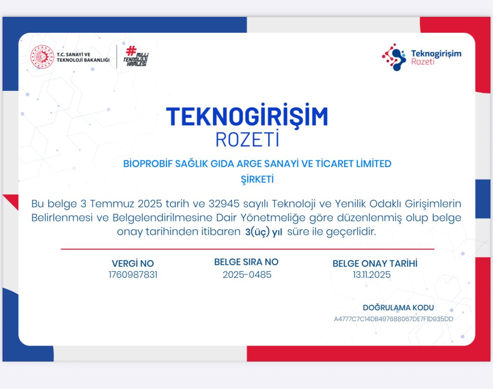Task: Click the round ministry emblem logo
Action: click(x=42, y=57)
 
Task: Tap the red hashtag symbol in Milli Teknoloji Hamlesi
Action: click(x=131, y=50)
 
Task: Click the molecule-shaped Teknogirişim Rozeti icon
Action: click(x=394, y=57)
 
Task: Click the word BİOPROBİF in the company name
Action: click(x=148, y=164)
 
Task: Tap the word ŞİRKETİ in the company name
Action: click(x=257, y=179)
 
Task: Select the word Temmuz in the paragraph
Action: click(x=112, y=204)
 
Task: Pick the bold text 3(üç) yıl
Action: click(x=263, y=232)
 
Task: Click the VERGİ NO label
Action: click(x=133, y=263)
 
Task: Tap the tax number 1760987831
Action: click(x=133, y=274)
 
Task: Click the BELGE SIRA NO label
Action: click(x=246, y=262)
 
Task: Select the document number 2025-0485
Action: click(x=247, y=274)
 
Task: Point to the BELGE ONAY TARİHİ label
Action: click(x=375, y=263)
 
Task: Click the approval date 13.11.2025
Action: click(x=372, y=274)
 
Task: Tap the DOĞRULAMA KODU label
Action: click(x=398, y=308)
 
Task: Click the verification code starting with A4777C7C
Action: click(x=393, y=319)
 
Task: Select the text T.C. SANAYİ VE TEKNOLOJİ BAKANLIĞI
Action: click(x=83, y=57)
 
